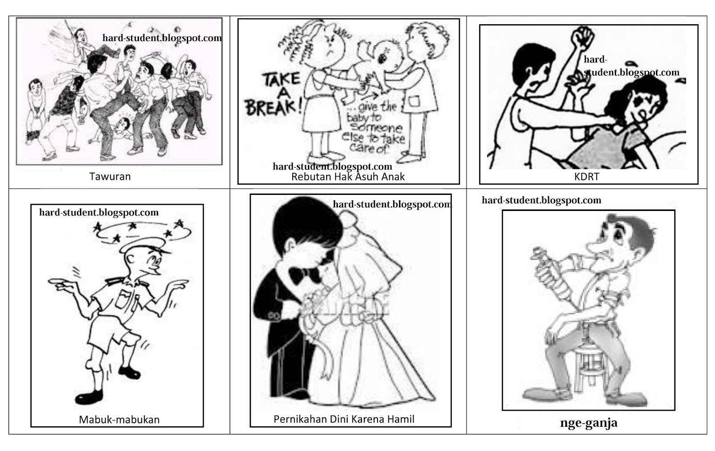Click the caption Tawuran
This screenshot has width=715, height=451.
[x=110, y=177]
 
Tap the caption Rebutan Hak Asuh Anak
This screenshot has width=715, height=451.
[x=348, y=177]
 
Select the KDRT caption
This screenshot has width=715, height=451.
[x=587, y=177]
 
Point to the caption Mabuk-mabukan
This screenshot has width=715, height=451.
[x=119, y=419]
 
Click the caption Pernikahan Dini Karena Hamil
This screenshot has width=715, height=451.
[x=344, y=419]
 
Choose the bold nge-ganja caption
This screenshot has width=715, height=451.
[x=589, y=423]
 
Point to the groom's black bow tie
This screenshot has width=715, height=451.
[x=304, y=274]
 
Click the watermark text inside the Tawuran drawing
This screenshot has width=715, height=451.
[x=162, y=38]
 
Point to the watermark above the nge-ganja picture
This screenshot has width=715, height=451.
[x=541, y=200]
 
